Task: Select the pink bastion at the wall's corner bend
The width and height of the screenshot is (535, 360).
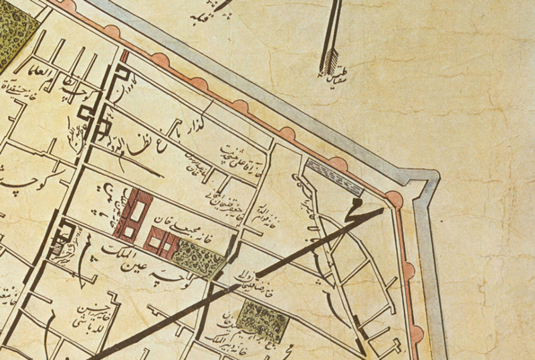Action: [394, 199]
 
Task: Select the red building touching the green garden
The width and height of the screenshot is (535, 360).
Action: [160, 241]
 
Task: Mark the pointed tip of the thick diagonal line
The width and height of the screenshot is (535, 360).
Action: [383, 209]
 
